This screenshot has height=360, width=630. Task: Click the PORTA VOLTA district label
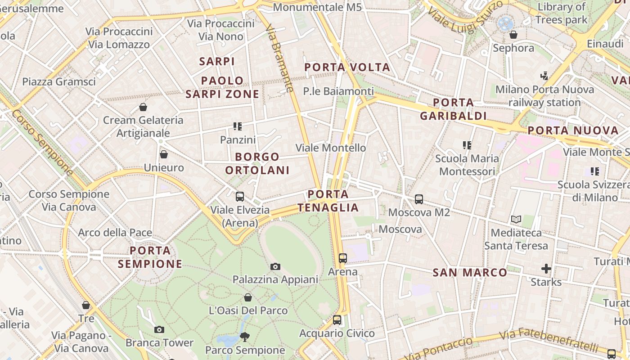(347, 67)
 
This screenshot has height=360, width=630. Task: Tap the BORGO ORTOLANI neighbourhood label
(257, 163)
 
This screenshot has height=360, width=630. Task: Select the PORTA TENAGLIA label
(328, 201)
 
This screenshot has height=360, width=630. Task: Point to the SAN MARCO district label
(469, 272)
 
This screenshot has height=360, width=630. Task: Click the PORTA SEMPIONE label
(150, 257)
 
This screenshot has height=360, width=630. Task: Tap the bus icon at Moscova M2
(419, 199)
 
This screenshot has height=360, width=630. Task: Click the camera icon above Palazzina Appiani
(275, 266)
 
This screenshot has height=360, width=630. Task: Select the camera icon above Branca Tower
(159, 329)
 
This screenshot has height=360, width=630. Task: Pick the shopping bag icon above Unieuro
(164, 154)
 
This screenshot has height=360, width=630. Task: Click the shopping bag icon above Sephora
(513, 35)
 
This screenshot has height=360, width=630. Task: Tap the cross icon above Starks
(546, 269)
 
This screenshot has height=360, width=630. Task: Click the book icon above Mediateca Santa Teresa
(516, 220)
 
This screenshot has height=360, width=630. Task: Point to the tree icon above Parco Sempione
(245, 337)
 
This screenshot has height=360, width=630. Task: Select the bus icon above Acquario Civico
(337, 320)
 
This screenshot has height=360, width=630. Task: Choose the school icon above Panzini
(238, 126)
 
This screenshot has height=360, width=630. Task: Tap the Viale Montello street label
(330, 148)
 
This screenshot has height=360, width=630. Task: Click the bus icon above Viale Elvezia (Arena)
(240, 196)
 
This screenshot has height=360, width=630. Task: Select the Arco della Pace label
(115, 233)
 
